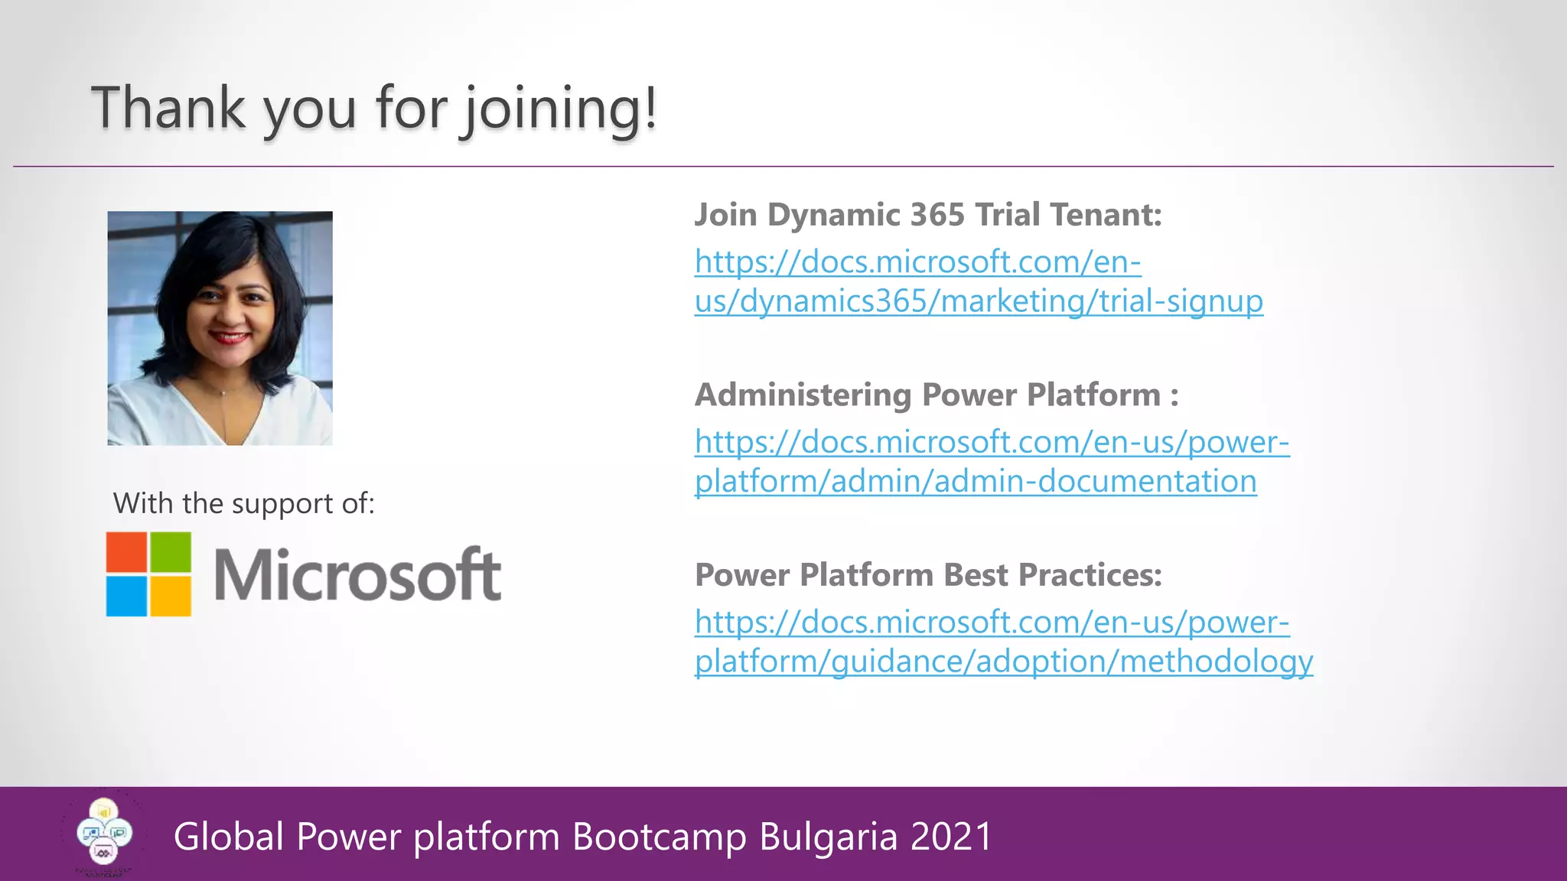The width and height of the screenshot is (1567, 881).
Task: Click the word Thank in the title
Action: coord(168,108)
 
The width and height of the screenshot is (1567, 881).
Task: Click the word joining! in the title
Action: coord(560,109)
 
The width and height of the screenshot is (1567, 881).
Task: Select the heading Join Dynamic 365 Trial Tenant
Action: coord(927,215)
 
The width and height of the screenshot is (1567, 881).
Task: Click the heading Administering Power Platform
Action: coord(936,395)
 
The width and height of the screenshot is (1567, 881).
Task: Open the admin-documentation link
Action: coord(991,462)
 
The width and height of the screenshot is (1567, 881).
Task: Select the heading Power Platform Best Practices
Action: coord(927,575)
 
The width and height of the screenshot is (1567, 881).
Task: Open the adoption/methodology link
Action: coord(1003,642)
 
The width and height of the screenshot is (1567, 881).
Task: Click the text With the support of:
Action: coord(243,504)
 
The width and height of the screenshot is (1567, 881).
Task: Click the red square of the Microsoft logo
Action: coord(126,552)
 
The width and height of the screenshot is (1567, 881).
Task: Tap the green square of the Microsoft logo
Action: coord(170,552)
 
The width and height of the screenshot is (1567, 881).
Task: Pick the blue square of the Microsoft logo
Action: coord(126,596)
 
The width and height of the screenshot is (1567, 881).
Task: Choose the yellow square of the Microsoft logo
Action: coord(170,596)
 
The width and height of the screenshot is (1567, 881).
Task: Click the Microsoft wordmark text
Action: coord(357,575)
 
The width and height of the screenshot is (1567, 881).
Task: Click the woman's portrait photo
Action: coord(220,328)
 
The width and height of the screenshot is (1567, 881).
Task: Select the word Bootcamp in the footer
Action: coord(660,837)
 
